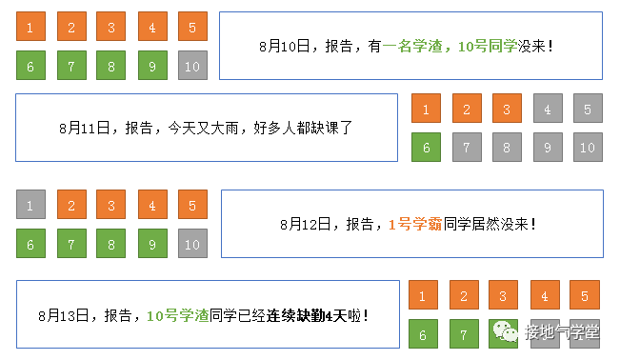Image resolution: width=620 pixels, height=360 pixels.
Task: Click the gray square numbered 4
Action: [x=547, y=110]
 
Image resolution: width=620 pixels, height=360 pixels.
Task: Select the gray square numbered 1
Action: [x=30, y=205]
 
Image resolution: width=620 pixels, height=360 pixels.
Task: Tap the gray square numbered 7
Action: [x=467, y=149]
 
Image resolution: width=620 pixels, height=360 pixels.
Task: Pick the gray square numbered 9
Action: [x=547, y=149]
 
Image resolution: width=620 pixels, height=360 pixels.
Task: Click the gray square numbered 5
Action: [x=587, y=110]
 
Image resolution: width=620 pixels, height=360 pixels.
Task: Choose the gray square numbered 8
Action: [x=507, y=149]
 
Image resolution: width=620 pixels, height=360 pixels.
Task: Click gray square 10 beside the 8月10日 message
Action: [x=192, y=66]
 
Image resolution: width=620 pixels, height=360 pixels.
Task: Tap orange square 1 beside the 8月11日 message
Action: [x=426, y=110]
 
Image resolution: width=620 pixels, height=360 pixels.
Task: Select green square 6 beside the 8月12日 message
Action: [x=30, y=244]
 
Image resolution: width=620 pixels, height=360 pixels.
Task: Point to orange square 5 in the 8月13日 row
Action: [x=585, y=295]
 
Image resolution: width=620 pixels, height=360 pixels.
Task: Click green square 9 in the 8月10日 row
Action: [x=152, y=66]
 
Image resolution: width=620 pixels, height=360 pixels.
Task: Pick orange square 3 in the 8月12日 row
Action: [x=111, y=205]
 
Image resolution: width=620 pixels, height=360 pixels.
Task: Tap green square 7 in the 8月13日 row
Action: [x=464, y=335]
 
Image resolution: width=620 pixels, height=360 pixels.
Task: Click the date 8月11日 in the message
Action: [x=81, y=127]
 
